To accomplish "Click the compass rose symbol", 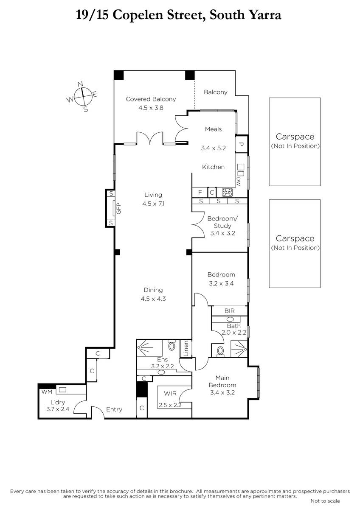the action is click(82, 97).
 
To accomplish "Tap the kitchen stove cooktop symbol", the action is click(227, 192).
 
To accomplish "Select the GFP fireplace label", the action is click(119, 208).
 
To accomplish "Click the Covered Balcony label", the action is click(151, 99).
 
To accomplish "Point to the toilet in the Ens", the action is click(172, 345).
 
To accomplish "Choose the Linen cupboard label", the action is click(186, 348).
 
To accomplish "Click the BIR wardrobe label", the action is click(230, 310).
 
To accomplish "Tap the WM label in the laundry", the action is click(47, 392).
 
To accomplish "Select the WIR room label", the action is click(170, 393).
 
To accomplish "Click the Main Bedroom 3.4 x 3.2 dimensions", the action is click(222, 393).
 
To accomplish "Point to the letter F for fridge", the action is click(200, 193).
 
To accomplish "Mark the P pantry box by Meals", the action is click(242, 144).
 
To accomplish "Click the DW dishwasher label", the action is click(238, 182).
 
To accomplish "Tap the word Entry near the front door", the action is click(114, 409).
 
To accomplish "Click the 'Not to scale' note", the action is click(325, 501).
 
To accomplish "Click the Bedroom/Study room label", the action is click(222, 222).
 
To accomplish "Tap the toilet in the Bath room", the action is click(220, 351).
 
